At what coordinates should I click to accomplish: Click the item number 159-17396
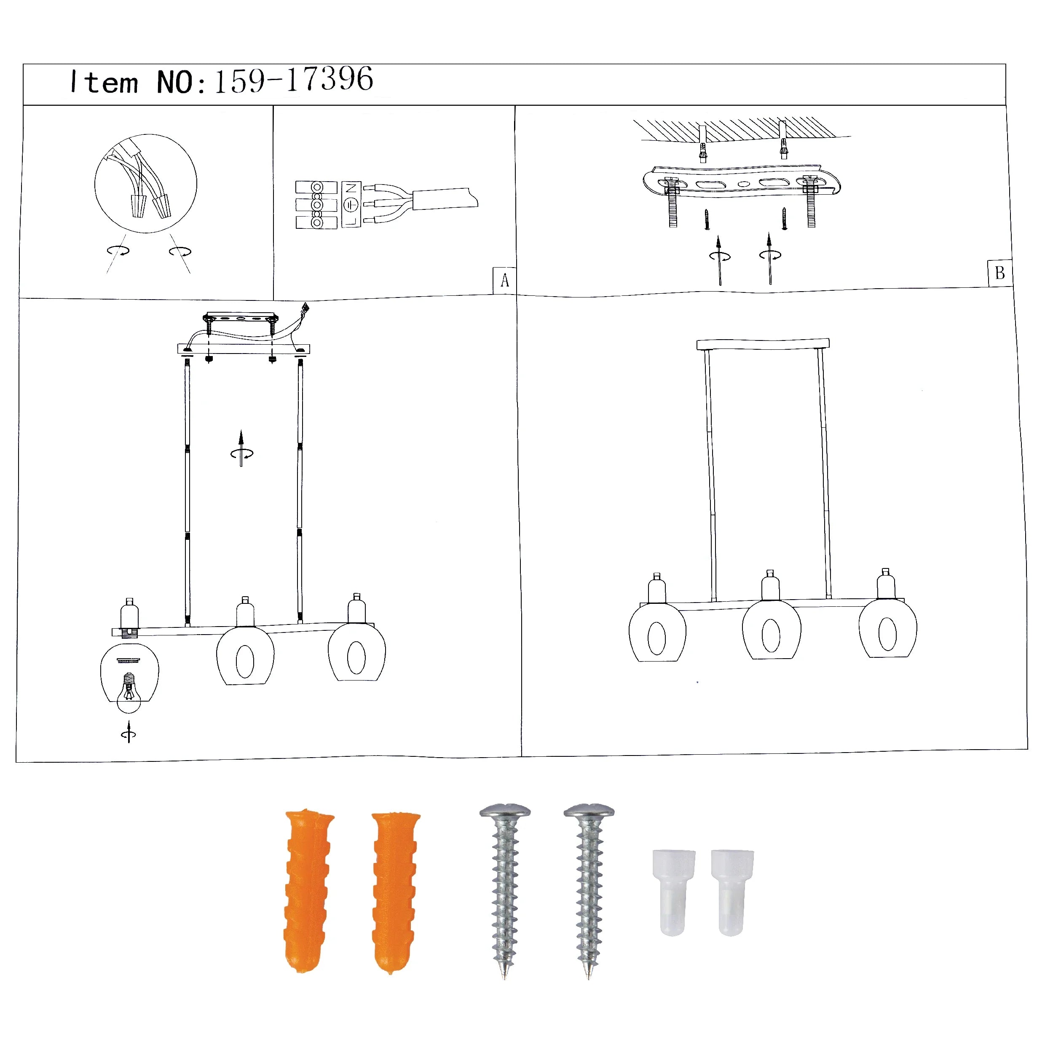294,80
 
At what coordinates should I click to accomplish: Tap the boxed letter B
999,273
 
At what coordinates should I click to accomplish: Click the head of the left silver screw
505,812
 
